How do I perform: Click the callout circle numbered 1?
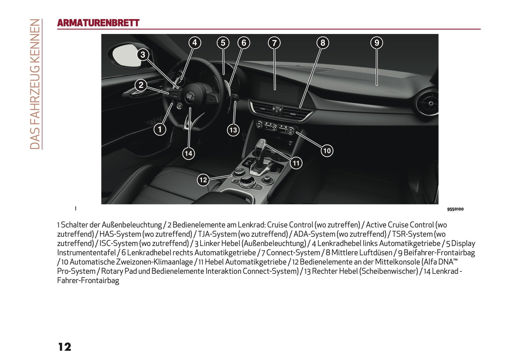pyautogui.click(x=160, y=129)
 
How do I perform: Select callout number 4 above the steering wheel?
pyautogui.click(x=194, y=43)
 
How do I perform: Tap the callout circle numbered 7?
pyautogui.click(x=274, y=43)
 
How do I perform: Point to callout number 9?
pyautogui.click(x=377, y=43)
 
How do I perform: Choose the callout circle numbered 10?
pyautogui.click(x=327, y=151)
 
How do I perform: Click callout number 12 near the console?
pyautogui.click(x=203, y=180)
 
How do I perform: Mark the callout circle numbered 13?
pyautogui.click(x=233, y=130)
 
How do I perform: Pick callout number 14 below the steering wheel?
pyautogui.click(x=188, y=153)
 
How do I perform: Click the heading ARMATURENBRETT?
pyautogui.click(x=98, y=23)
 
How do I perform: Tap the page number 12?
pyautogui.click(x=65, y=347)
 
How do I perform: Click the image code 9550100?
pyautogui.click(x=455, y=209)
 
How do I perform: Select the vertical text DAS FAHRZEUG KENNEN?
pyautogui.click(x=35, y=84)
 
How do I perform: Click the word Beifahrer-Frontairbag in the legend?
pyautogui.click(x=439, y=252)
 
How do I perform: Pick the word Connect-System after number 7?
pyautogui.click(x=293, y=252)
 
